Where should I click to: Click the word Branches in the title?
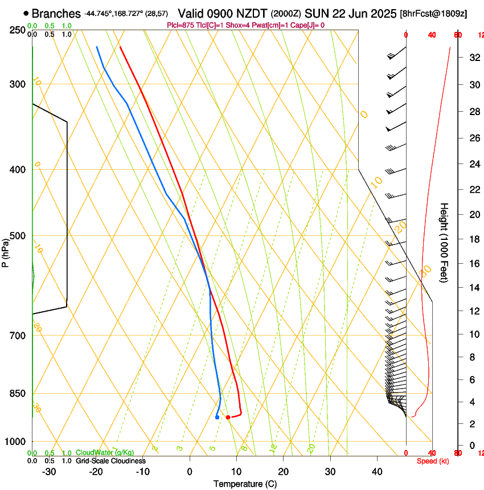tap(56, 14)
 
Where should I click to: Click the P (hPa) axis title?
tap(6, 251)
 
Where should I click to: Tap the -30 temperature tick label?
tap(49, 472)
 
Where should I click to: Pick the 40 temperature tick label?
tap(377, 472)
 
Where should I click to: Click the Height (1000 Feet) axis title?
tap(445, 242)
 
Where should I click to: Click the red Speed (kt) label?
tap(430, 461)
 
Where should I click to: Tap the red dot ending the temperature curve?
tap(228, 417)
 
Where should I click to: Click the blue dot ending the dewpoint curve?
tap(218, 417)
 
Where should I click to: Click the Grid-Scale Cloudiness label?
tap(110, 461)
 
